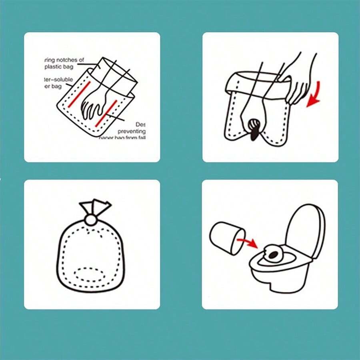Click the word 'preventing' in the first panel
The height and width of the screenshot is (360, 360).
[x=132, y=131]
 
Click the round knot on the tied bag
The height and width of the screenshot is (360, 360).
[x=90, y=220]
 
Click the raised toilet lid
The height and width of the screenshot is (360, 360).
[x=306, y=232]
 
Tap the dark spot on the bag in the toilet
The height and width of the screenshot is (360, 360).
[x=274, y=254]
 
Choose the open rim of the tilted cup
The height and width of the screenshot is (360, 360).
[x=238, y=241]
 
